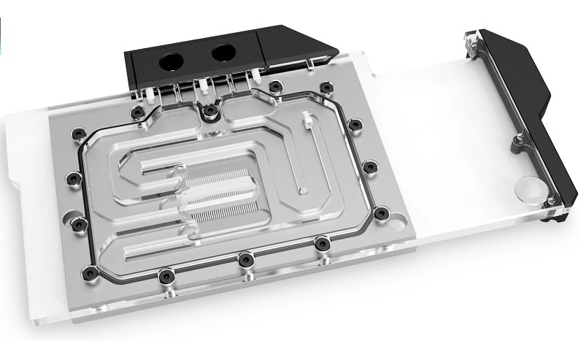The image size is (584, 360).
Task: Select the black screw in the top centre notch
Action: tap(210, 110)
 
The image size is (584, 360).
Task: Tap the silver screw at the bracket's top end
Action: tap(475, 45)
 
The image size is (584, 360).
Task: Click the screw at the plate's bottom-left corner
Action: tap(90, 273)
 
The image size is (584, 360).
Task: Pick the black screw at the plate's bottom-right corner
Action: tap(380, 213)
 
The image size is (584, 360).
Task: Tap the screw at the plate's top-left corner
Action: tap(137, 112)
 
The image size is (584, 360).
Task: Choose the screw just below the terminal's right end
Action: tap(274, 88)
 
